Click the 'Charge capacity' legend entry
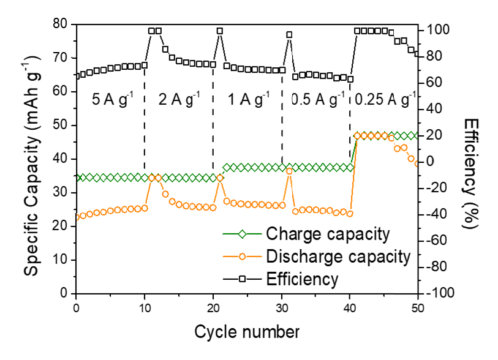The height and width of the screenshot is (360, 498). click(328, 234)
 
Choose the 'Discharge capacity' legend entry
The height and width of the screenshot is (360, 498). click(338, 257)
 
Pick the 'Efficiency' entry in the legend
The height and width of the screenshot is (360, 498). click(302, 280)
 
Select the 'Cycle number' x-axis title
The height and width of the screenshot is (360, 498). click(247, 332)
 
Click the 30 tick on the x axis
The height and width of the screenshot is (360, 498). click(281, 306)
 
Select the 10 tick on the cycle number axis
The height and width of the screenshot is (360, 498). click(144, 306)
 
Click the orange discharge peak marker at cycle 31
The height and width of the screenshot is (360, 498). click(289, 171)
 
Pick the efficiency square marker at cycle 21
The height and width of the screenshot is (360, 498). click(220, 31)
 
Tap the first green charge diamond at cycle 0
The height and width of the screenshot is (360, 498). click(76, 178)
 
